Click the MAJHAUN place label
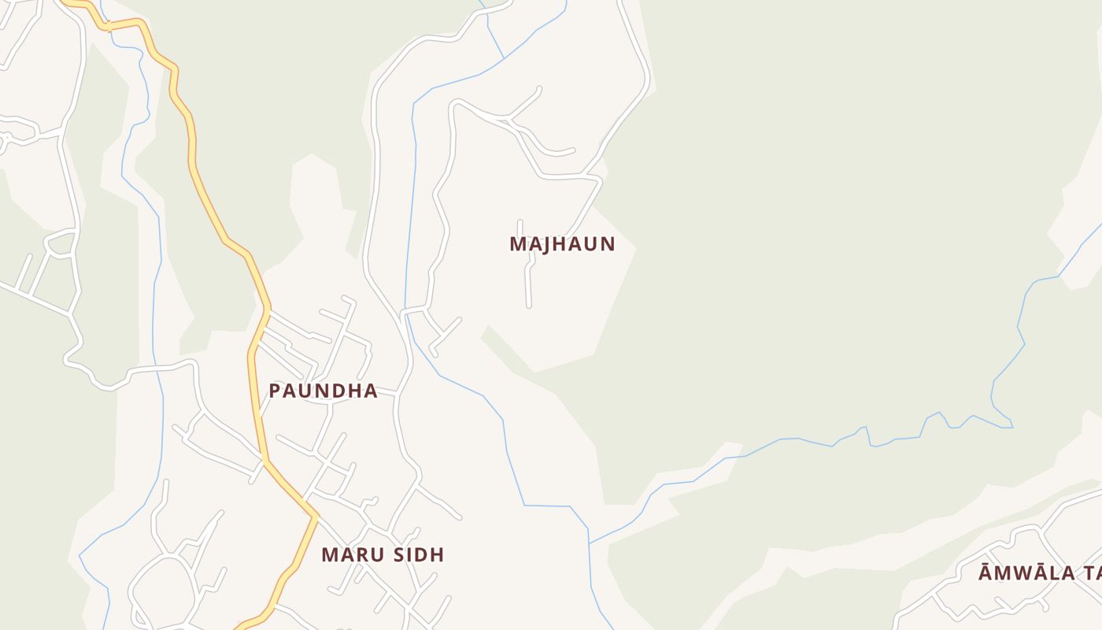[561, 244]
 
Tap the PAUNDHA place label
[323, 391]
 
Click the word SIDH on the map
[416, 554]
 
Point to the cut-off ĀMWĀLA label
[1039, 573]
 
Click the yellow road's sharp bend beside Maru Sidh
[316, 517]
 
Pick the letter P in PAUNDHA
[275, 391]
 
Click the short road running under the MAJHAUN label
[527, 283]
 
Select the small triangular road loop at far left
[61, 243]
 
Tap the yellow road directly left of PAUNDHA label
[253, 391]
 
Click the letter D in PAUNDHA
[338, 391]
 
